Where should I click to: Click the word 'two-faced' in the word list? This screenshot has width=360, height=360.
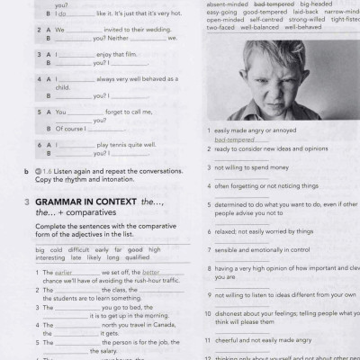[x=220, y=27]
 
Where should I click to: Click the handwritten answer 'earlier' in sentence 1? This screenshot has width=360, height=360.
[x=65, y=272]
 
